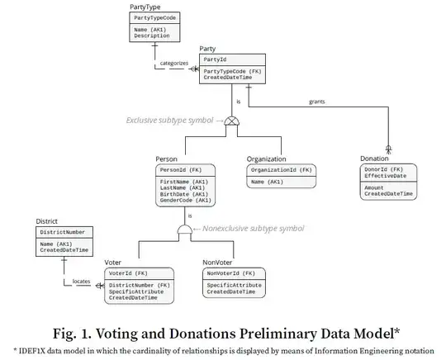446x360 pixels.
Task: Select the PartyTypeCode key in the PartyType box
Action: [x=155, y=17]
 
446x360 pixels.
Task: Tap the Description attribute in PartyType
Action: [x=153, y=36]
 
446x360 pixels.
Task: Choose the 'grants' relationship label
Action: [x=316, y=102]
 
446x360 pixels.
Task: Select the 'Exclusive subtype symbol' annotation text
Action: [x=170, y=120]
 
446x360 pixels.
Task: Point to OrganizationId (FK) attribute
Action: [x=282, y=170]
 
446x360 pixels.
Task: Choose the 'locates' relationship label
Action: [x=82, y=282]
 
